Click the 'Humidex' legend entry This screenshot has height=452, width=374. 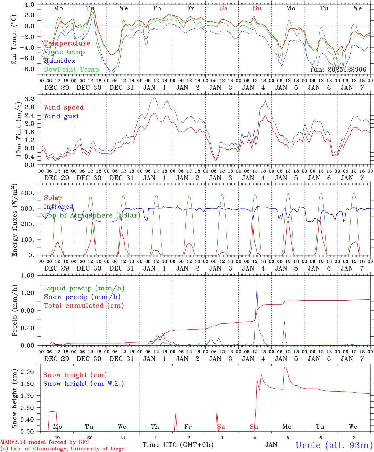[x=60, y=61]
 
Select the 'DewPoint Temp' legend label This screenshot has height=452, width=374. [x=71, y=70]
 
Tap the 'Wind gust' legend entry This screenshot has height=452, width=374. [x=61, y=116]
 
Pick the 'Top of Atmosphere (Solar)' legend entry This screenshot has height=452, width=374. [x=92, y=215]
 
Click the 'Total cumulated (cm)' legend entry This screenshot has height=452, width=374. [x=84, y=305]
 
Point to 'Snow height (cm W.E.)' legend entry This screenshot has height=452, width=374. [x=84, y=384]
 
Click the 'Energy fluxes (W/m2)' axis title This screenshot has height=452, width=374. [x=14, y=221]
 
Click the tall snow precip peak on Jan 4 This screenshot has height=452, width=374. [x=257, y=282]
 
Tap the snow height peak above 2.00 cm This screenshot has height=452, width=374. [x=285, y=368]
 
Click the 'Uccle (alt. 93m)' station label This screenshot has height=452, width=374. [x=334, y=445]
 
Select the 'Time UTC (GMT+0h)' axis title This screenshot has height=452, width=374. [x=178, y=445]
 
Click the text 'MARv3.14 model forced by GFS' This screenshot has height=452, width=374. [x=44, y=442]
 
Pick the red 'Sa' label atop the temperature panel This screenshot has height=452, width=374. [x=224, y=8]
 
